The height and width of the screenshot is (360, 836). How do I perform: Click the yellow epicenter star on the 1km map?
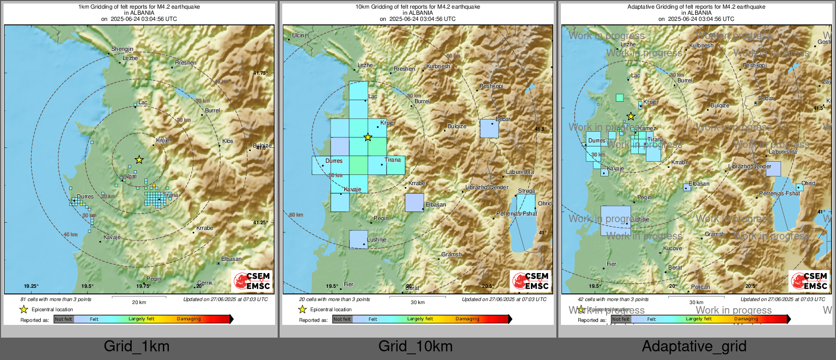139,160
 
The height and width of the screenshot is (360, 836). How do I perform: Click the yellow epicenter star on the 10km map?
368,137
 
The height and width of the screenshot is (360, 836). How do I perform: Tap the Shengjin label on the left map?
123,49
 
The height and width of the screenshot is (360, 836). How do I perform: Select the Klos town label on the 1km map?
228,141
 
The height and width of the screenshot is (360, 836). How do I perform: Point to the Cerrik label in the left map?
205,283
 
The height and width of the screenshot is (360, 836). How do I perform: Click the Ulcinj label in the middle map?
299,36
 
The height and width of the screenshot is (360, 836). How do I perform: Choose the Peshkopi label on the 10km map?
491,86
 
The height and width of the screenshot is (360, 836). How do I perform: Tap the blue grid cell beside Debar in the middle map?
489,129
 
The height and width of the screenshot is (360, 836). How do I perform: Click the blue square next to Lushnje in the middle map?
359,239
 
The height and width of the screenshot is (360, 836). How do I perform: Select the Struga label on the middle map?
526,191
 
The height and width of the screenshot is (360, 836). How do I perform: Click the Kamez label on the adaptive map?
647,129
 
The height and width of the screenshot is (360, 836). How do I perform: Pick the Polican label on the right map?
700,287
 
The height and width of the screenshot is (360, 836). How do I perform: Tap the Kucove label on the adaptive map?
672,248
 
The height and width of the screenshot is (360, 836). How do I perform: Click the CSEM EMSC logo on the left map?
252,281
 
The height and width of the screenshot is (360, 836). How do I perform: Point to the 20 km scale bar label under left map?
139,302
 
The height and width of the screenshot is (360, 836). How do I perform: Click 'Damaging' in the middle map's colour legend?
467,319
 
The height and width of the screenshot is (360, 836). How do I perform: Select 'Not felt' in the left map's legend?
64,319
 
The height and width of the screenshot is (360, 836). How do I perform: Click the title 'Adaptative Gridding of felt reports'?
696,7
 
